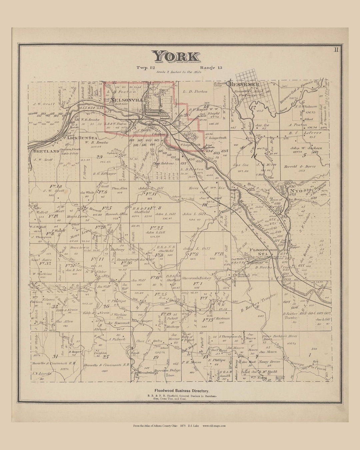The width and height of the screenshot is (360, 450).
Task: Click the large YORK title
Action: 176,57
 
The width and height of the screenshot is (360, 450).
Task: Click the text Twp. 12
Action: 146,67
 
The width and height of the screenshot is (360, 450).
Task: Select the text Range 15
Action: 211,67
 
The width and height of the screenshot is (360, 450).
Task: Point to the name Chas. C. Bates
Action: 149,341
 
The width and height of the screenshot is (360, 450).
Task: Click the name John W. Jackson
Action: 305,148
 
